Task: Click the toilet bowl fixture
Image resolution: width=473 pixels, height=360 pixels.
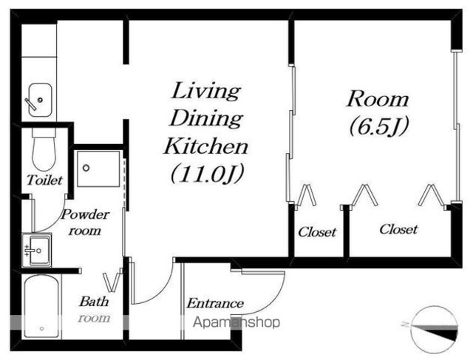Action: pyautogui.click(x=44, y=150)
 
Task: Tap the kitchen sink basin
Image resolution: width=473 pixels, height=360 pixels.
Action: pyautogui.click(x=40, y=100)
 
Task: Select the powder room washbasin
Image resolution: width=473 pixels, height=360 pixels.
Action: pyautogui.click(x=37, y=250)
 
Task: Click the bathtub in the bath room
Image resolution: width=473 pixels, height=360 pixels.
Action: pyautogui.click(x=41, y=306)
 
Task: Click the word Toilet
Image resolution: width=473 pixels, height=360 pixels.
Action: pyautogui.click(x=44, y=180)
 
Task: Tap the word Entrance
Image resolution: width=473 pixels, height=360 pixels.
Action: pyautogui.click(x=215, y=303)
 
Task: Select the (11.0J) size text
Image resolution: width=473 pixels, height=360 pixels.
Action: pyautogui.click(x=207, y=174)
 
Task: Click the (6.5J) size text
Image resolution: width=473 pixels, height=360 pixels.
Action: pyautogui.click(x=379, y=126)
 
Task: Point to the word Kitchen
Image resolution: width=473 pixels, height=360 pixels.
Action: pyautogui.click(x=206, y=146)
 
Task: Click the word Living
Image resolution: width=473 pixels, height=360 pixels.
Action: pyautogui.click(x=206, y=91)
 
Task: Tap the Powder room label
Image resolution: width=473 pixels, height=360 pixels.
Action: pyautogui.click(x=85, y=223)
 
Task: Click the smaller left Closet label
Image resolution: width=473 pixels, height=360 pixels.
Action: pyautogui.click(x=317, y=232)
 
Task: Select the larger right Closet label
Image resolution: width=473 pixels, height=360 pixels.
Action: pyautogui.click(x=398, y=229)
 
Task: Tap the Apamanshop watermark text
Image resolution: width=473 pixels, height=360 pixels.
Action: pyautogui.click(x=236, y=322)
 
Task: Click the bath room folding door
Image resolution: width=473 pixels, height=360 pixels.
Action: pyautogui.click(x=113, y=280)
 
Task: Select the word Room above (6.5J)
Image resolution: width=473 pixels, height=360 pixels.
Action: pyautogui.click(x=378, y=99)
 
